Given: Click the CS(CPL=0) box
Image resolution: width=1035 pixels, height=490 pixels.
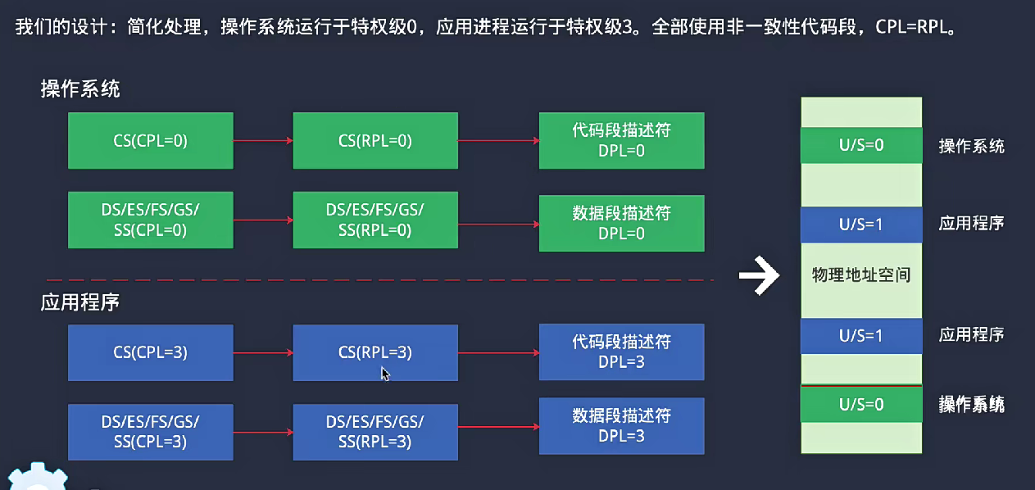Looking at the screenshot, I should coord(151,141).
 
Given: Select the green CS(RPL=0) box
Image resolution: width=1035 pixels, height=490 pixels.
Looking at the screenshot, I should coord(375,141).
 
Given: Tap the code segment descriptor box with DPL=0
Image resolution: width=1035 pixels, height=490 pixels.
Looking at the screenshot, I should coord(621,140).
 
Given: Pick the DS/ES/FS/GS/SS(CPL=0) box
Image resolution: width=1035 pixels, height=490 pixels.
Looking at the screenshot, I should coord(151,220).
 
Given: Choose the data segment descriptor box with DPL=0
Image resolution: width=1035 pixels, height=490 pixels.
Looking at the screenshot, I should coord(621,223).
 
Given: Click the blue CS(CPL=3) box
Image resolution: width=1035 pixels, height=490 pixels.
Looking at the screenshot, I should coord(151,353).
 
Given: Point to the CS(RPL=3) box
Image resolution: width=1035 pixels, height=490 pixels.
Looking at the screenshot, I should coord(375,353).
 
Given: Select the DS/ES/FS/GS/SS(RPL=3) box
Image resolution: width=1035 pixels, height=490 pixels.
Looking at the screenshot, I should coord(375,432).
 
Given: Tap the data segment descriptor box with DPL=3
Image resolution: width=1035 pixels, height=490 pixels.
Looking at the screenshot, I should coord(621,426).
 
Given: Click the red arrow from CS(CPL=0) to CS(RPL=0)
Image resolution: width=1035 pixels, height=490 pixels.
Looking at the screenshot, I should coord(262,142).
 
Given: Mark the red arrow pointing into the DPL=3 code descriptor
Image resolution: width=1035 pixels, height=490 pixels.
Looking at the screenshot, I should coord(497,353).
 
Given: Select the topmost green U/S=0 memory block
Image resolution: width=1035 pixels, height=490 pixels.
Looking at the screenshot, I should coord(860,146).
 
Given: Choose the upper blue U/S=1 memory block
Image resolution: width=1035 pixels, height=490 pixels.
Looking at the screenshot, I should coord(860,224).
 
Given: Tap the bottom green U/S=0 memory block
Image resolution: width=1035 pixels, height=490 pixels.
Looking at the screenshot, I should coord(860,404).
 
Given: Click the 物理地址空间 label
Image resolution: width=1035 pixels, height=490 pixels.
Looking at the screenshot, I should coord(860,274).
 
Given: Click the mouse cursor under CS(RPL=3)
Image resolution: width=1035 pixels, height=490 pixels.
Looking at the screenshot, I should coord(384,374).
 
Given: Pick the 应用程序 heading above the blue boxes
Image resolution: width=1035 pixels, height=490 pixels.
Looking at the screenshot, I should coord(80,302).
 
